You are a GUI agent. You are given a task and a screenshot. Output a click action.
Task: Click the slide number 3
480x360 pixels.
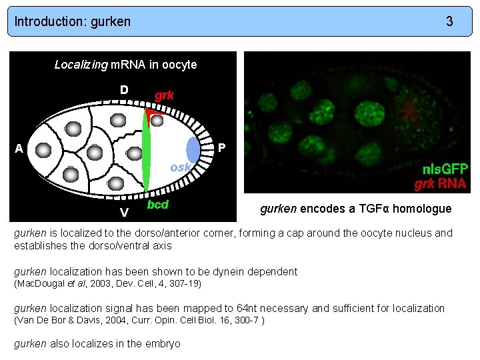(x=450, y=21)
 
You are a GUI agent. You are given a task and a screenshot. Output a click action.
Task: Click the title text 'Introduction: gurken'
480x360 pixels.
(x=73, y=21)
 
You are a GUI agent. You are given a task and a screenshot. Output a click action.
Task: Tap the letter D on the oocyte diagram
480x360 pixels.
(x=124, y=90)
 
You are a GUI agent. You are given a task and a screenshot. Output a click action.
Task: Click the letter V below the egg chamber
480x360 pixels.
(x=124, y=213)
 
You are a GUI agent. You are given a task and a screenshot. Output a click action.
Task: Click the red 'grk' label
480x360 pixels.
(x=165, y=95)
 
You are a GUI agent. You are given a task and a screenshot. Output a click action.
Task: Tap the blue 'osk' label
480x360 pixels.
(x=180, y=167)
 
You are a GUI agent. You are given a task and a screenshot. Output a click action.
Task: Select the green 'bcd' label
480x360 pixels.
(x=157, y=204)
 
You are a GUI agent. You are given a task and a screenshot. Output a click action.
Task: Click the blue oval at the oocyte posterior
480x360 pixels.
(x=193, y=149)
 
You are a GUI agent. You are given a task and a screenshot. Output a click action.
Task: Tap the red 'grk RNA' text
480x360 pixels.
(x=441, y=183)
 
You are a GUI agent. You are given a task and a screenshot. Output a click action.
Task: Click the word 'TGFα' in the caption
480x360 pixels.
(x=376, y=209)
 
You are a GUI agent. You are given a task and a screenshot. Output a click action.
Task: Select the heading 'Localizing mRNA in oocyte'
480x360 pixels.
(x=125, y=65)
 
